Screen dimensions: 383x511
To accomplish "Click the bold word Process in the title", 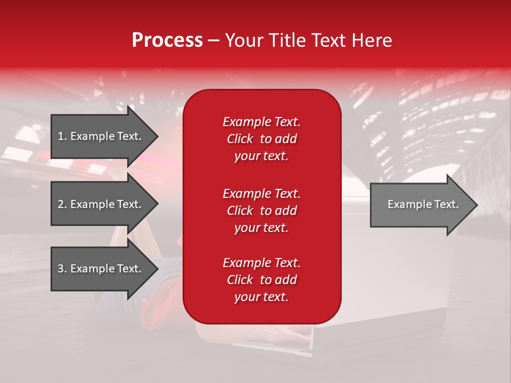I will tap(167, 40).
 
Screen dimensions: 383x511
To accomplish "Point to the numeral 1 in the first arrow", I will tap(61, 136).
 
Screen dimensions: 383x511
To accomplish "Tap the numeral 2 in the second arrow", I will tap(61, 204).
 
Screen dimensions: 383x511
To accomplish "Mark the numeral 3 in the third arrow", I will tap(61, 269).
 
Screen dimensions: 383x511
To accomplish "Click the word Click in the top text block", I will tap(240, 139).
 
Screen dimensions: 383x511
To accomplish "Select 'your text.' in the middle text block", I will tap(261, 228).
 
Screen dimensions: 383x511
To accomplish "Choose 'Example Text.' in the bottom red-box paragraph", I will tap(261, 263).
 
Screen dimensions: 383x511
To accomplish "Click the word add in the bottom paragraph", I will tap(286, 280).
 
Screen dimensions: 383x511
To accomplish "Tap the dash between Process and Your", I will tap(213, 40).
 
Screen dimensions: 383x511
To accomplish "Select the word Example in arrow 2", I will tap(92, 204).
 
